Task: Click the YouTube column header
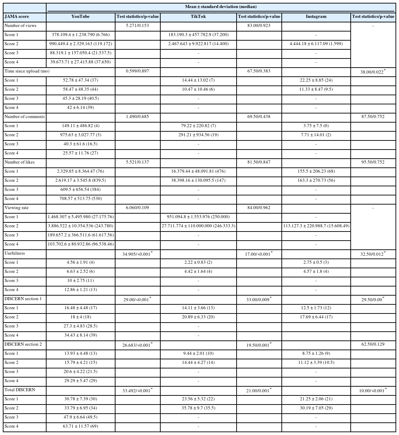coord(80,16)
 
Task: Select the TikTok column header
coord(198,16)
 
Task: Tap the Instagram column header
coord(316,16)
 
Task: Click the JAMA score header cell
coord(17,16)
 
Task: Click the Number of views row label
coord(20,26)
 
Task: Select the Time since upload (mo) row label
coord(27,71)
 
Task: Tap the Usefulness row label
coord(15,253)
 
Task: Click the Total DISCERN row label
coord(20,390)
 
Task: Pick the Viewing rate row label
coord(16,208)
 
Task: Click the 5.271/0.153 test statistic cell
coord(138,26)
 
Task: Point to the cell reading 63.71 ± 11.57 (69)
coord(80,426)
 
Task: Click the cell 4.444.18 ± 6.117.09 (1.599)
coord(316,44)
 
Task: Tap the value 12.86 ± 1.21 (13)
coord(80,290)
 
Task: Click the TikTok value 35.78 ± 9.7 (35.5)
coord(198,408)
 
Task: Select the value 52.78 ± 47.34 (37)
coord(80,80)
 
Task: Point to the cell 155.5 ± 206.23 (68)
coord(316,171)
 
